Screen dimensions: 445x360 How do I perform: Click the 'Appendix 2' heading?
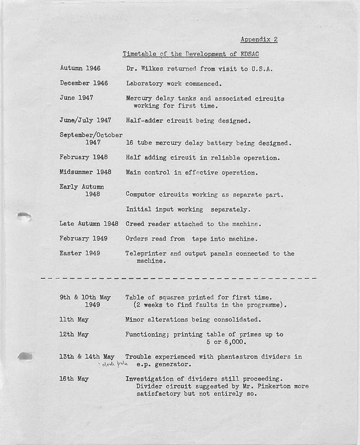[x=259, y=39]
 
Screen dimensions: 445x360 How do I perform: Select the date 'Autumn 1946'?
[x=80, y=68]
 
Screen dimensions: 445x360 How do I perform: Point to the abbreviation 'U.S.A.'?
[x=262, y=69]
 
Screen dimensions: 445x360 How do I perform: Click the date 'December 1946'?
[x=83, y=83]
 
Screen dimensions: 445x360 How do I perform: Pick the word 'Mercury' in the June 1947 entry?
[x=139, y=98]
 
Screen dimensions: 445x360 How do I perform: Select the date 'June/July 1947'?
[x=85, y=120]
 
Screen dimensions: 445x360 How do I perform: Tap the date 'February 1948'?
[x=83, y=157]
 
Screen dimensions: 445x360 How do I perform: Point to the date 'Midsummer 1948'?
[x=85, y=172]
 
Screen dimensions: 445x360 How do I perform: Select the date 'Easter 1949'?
[x=79, y=253]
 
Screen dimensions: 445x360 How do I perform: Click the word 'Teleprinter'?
[x=145, y=253]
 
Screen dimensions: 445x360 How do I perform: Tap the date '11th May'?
[x=74, y=319]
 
